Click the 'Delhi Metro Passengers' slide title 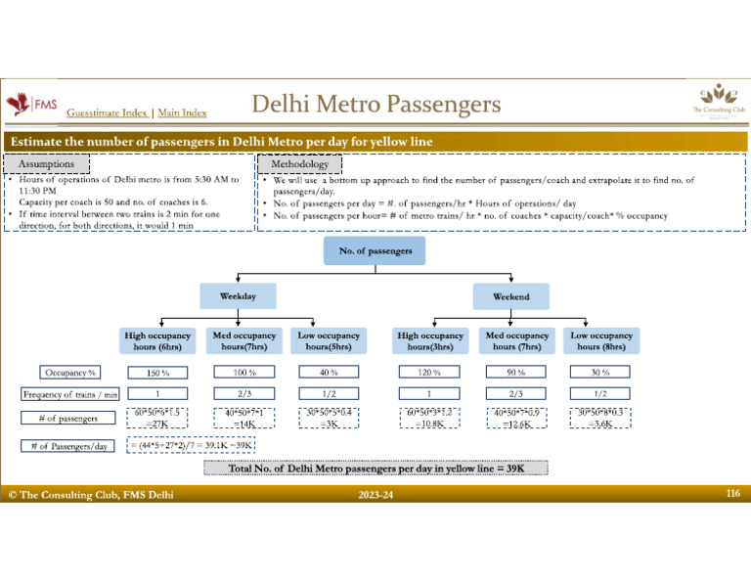[x=375, y=104]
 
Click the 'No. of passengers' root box [x=375, y=250]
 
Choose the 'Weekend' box [x=511, y=295]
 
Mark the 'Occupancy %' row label [x=66, y=373]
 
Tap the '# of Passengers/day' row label [x=66, y=447]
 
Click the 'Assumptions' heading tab [x=47, y=164]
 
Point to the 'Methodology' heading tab [x=299, y=164]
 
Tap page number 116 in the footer [x=732, y=496]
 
